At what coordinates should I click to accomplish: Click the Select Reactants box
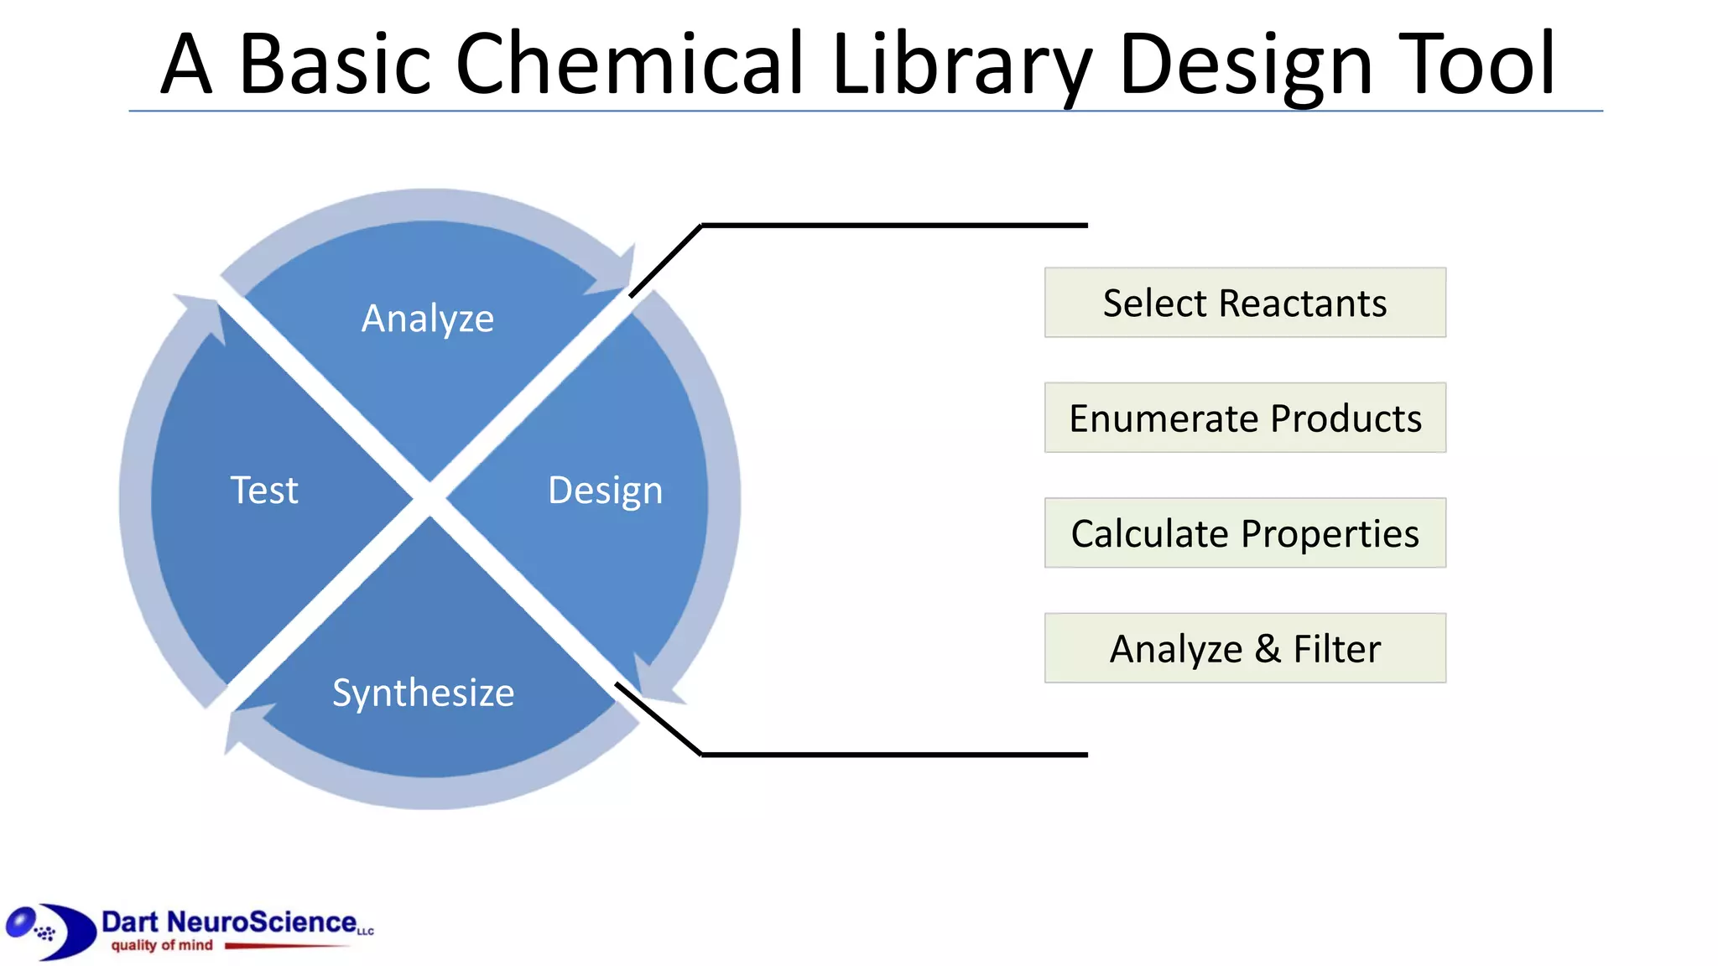1245,303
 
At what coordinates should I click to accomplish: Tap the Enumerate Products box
1245,418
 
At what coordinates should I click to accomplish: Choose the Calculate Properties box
1245,533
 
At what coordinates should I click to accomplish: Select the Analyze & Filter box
1245,648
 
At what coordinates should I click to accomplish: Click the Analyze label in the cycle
428,319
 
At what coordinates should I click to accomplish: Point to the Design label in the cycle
605,491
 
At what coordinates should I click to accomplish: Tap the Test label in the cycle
264,491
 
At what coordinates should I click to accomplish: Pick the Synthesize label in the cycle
424,693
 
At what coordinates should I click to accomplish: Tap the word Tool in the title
1476,64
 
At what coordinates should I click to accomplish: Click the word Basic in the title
336,64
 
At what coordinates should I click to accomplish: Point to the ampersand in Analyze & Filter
1268,649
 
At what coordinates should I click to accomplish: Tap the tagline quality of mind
162,946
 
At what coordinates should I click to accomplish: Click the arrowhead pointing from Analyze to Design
617,273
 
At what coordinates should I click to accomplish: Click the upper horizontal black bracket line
894,226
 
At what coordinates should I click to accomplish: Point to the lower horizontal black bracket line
894,755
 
